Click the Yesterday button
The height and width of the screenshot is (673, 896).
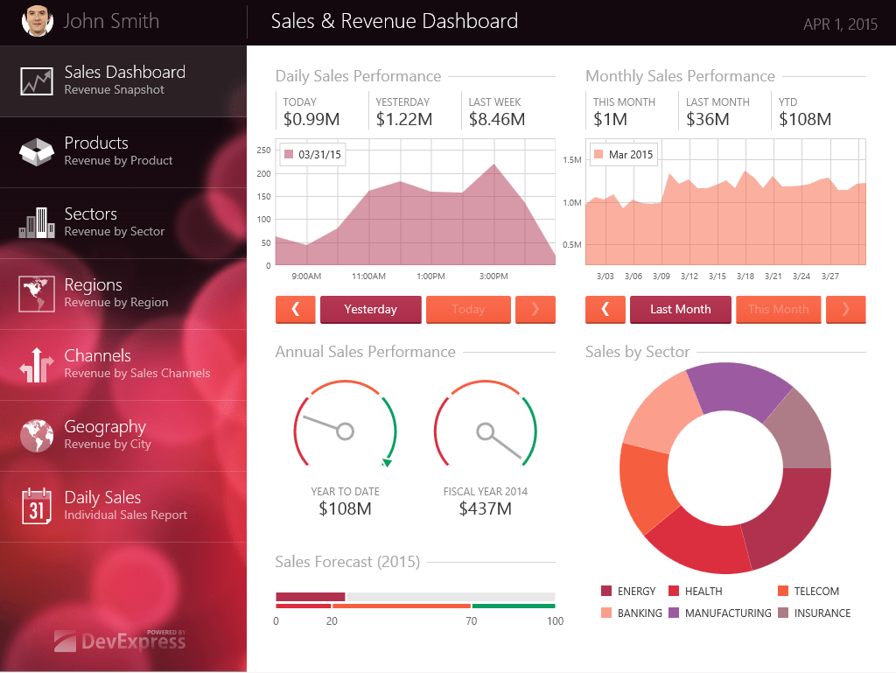[x=370, y=310]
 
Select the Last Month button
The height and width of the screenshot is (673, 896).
[x=680, y=310]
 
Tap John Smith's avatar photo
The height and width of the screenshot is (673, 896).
[x=37, y=21]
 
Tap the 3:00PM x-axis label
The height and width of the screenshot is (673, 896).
[x=493, y=277]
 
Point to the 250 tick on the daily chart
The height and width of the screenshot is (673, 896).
[x=263, y=151]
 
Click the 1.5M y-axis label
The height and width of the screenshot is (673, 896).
[x=572, y=160]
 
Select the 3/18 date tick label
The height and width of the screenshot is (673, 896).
[x=745, y=277]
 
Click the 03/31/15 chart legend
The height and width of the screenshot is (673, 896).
[x=312, y=155]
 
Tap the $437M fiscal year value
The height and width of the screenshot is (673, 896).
[x=485, y=508]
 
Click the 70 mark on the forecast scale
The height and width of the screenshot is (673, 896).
[x=472, y=621]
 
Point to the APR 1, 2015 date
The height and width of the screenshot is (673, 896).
[x=840, y=25]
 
